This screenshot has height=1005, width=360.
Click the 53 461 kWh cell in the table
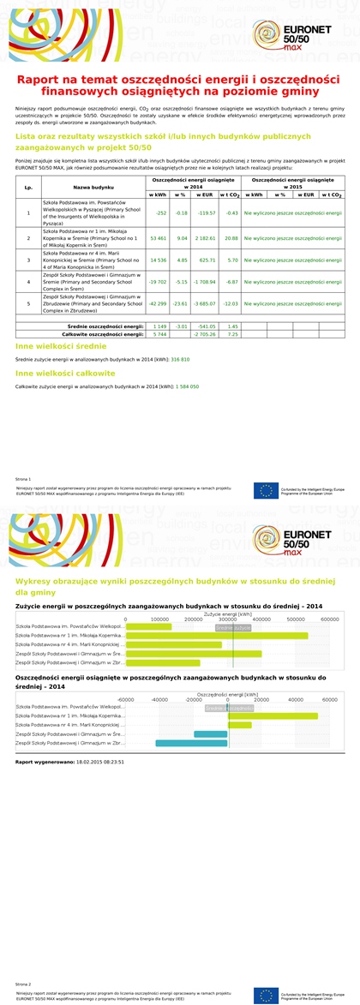click(159, 238)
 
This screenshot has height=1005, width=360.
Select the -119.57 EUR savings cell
click(206, 212)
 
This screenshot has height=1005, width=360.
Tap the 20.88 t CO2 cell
click(231, 238)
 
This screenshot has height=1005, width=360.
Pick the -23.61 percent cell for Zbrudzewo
click(181, 303)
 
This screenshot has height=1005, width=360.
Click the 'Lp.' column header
click(28, 187)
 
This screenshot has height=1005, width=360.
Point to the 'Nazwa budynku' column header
click(93, 187)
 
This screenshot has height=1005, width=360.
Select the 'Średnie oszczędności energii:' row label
click(105, 326)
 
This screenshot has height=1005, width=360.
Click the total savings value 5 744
click(159, 334)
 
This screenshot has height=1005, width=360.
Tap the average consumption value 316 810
click(180, 360)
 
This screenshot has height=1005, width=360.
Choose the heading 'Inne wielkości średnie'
click(61, 346)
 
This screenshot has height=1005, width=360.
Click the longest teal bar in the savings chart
click(191, 743)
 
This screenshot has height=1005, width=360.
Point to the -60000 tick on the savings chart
click(125, 699)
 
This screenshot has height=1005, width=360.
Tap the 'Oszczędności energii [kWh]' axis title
click(227, 694)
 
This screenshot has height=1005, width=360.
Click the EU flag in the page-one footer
click(266, 491)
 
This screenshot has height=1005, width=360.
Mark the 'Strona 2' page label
click(23, 984)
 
